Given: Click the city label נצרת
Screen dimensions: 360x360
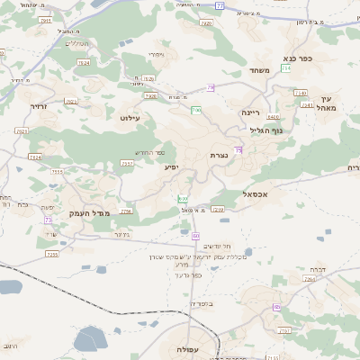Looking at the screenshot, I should (219, 156).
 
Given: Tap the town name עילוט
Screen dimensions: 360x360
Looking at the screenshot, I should (130, 117).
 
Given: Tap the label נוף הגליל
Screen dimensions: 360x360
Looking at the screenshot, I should (267, 130).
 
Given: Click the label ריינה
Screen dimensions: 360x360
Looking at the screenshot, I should (250, 112).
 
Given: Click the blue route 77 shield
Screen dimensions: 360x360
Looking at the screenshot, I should (219, 5).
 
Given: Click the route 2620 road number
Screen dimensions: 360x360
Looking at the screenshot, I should (206, 22).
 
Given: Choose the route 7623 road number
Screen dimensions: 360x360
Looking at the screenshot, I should (22, 131).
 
